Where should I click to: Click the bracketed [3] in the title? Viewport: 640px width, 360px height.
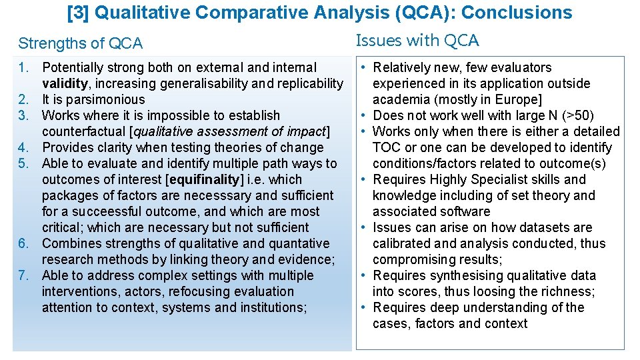coord(79,13)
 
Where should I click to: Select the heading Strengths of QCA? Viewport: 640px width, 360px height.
coord(81,44)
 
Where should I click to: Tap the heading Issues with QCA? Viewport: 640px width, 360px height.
coord(417,41)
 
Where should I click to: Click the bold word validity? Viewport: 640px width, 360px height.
coord(64,83)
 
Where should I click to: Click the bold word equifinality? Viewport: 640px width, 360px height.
coord(206,179)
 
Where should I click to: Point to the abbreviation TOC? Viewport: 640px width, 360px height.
coord(387,147)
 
